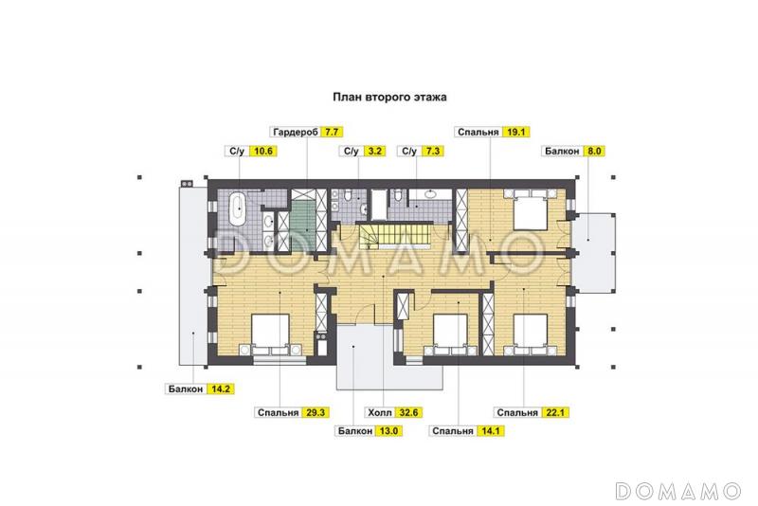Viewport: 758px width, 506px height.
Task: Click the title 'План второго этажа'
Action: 389,97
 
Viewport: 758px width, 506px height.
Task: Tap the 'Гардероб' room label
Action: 296,132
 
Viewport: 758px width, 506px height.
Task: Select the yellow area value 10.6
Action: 263,152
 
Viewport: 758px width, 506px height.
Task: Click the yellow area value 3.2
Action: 374,152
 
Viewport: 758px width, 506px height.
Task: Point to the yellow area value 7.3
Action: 432,152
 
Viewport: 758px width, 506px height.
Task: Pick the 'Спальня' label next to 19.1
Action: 478,132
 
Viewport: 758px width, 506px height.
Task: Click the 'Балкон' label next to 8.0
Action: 562,152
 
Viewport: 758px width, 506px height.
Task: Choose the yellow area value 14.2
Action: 221,389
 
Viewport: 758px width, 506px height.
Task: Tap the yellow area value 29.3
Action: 316,413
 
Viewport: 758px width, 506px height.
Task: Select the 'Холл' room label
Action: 380,413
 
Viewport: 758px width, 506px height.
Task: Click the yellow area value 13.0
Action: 388,431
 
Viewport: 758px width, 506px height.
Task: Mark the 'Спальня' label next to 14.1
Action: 453,431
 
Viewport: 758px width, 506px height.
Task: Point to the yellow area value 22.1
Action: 555,413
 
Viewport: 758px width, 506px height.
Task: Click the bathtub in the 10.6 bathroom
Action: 238,208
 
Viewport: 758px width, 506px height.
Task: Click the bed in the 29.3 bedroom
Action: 270,334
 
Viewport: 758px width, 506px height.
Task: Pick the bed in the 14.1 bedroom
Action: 450,334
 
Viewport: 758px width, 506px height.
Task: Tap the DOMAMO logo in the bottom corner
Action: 678,491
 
